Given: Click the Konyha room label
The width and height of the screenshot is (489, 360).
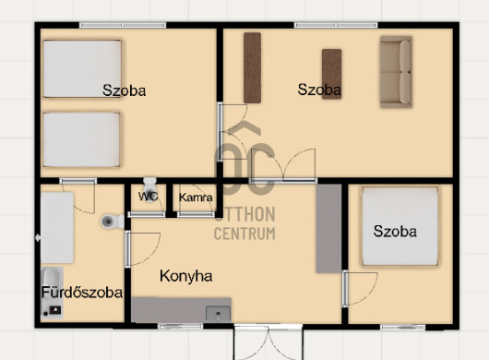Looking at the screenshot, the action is (x=185, y=276).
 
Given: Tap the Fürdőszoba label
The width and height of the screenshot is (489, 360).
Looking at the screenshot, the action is (x=82, y=293).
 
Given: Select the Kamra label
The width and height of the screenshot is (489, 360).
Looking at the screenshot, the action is (x=196, y=198).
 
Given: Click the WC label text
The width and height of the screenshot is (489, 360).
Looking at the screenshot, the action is (x=149, y=197).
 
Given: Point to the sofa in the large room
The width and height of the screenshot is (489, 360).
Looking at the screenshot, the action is (x=396, y=72).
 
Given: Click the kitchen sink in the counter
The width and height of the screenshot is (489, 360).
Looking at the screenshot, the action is (x=219, y=314).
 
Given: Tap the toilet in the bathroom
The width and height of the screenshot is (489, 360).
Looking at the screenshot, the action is (x=113, y=222).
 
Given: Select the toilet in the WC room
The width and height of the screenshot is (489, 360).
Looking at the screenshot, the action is (x=149, y=189).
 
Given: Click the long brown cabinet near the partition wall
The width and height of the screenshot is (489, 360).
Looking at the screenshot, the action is (x=252, y=67).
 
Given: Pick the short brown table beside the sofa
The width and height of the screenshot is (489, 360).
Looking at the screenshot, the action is (x=332, y=74).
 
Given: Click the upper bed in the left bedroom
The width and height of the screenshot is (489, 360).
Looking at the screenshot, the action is (x=82, y=68).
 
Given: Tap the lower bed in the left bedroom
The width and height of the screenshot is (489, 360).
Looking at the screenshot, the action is (x=81, y=139).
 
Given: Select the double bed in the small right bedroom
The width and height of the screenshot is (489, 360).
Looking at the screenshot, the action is (x=400, y=226).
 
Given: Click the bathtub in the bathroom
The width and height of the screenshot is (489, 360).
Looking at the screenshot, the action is (x=57, y=228).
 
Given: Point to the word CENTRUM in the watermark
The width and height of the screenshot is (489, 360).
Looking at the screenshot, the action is (x=244, y=234).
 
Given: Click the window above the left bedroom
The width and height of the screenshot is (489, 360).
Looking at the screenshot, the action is (x=123, y=25).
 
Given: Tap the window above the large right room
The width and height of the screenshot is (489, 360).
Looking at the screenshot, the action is (x=336, y=25).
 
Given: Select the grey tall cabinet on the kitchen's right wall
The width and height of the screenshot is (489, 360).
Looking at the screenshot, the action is (x=328, y=229).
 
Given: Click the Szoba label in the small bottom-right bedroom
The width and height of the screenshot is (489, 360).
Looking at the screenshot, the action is (x=395, y=232).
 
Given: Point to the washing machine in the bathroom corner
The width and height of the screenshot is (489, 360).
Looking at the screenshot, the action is (x=52, y=293).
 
